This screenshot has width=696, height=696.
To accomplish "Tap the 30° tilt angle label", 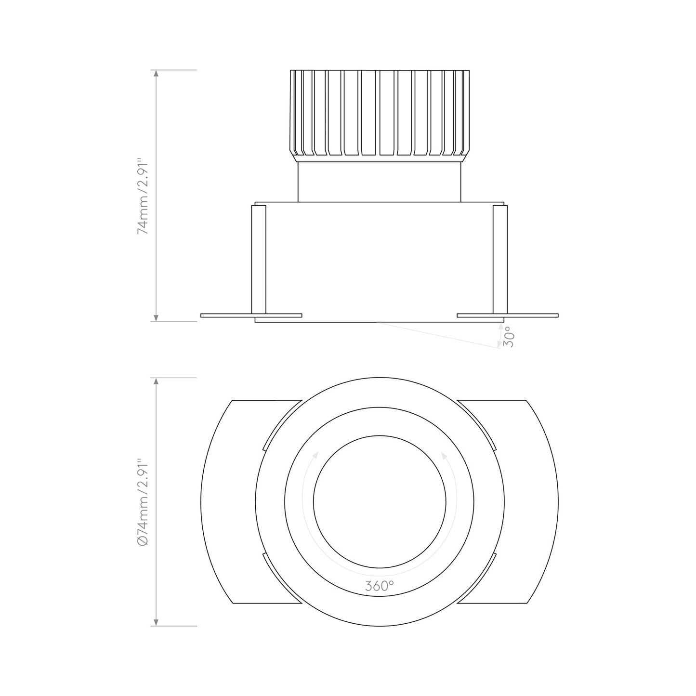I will [x=509, y=337].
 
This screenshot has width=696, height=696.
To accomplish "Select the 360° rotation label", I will [x=379, y=586].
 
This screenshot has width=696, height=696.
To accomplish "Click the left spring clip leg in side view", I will [x=258, y=260].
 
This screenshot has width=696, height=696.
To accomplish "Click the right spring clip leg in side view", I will [x=500, y=260].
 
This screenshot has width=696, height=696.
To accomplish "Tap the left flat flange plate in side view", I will [x=226, y=315].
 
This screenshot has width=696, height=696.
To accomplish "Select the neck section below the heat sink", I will [x=380, y=182].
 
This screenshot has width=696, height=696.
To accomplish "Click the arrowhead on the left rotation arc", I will [x=315, y=454].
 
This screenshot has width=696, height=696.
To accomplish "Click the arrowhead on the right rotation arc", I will [x=443, y=454].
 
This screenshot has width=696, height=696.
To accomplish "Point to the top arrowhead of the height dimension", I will [x=156, y=74].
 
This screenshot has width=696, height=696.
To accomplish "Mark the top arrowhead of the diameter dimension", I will [x=156, y=381].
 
